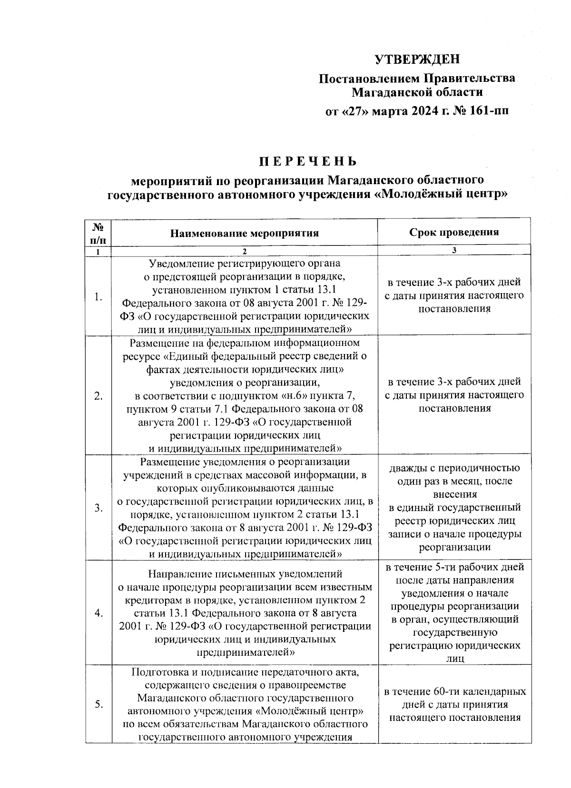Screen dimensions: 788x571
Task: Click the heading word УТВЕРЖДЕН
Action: [x=417, y=59]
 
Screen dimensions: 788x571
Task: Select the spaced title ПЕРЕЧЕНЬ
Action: [x=307, y=161]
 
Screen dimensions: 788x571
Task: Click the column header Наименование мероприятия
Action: [x=244, y=233]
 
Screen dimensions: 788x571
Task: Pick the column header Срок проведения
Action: [x=454, y=232]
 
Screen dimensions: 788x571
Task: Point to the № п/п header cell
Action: [x=98, y=233]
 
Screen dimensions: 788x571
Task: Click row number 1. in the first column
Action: [x=98, y=297]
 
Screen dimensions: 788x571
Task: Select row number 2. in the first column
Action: [x=98, y=396]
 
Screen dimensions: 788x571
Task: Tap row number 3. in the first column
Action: [x=98, y=508]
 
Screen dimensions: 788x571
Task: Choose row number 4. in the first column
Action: [x=98, y=613]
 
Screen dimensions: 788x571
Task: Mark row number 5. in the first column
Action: [x=98, y=705]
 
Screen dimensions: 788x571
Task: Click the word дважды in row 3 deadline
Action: [x=409, y=468]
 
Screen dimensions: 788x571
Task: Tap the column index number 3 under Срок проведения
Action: [x=454, y=251]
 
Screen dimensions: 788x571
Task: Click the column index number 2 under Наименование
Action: [x=244, y=252]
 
